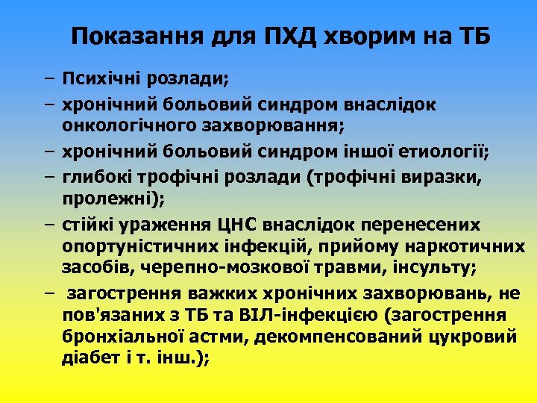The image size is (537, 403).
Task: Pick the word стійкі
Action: (87, 225)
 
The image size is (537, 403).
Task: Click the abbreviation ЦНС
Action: (239, 225)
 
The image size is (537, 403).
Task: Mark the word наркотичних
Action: (465, 247)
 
